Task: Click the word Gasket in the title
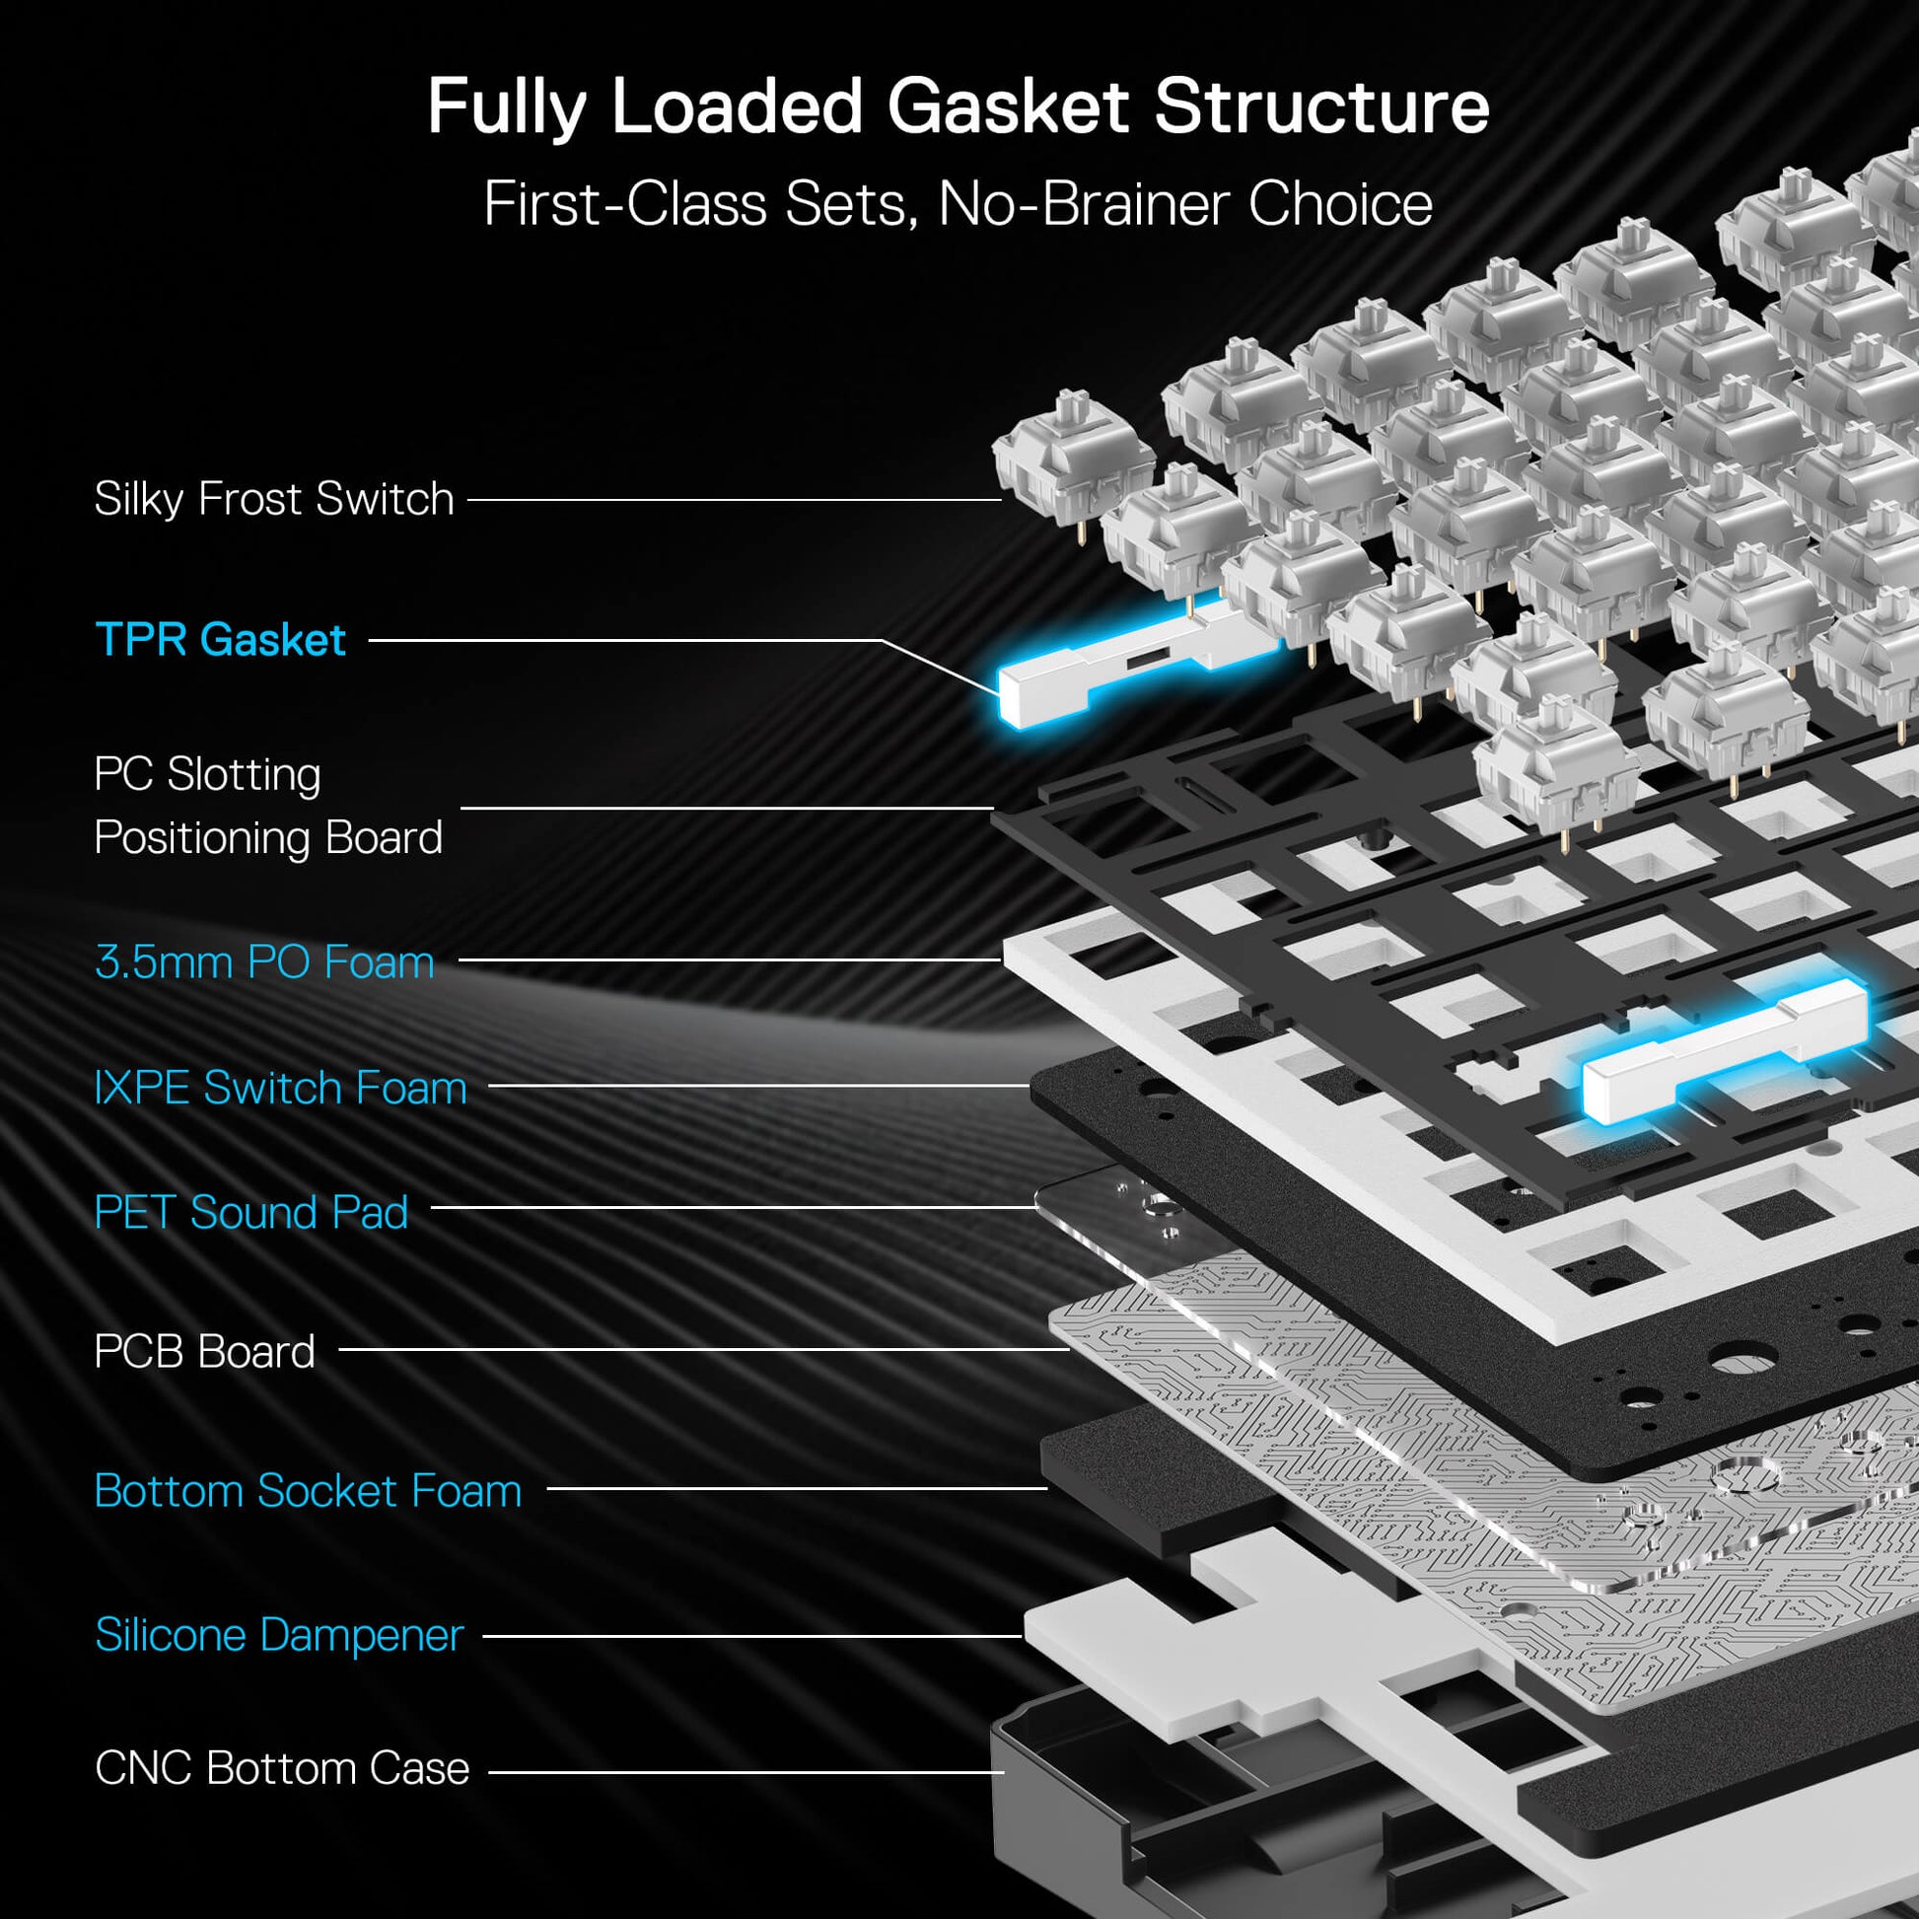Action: (1007, 107)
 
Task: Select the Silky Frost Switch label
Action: (273, 499)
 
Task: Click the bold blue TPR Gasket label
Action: (220, 640)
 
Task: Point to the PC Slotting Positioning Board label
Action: (267, 806)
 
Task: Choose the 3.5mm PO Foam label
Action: (264, 961)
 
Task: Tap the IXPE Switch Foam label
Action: (280, 1088)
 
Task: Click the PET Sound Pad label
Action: (250, 1212)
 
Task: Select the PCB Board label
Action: (203, 1352)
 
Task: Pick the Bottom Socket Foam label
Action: (307, 1491)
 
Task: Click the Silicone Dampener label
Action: (278, 1635)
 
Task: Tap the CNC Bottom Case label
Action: (281, 1768)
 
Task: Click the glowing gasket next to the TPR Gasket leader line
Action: (1132, 666)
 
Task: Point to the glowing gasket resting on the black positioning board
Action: (1724, 1053)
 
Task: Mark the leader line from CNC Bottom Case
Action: (745, 1771)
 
